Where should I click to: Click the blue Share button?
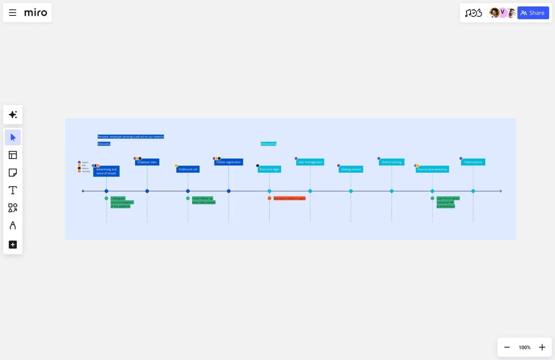point(533,13)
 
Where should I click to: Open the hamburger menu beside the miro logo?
point(12,13)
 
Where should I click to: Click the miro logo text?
point(36,13)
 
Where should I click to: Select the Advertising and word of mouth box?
point(106,171)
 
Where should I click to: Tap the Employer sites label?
point(147,162)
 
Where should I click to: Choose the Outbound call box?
point(188,169)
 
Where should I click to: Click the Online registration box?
point(228,162)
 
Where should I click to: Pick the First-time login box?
point(269,169)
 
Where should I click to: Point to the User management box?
point(310,162)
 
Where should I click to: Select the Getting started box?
point(351,169)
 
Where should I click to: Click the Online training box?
point(391,162)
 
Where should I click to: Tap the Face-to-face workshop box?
point(432,169)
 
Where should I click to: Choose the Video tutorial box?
point(473,162)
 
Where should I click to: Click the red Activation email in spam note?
point(289,198)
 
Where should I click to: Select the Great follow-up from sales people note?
point(204,201)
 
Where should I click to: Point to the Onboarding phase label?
point(268,144)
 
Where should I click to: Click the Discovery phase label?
point(104,144)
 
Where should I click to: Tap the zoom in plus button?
point(542,347)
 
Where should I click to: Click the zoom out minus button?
point(507,347)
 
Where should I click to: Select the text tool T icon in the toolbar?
point(13,190)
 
